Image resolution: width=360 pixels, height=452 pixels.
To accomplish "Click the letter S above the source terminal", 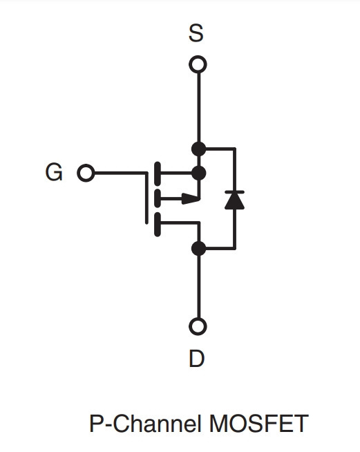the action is (x=196, y=33).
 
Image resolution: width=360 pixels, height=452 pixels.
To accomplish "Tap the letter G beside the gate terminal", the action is (x=54, y=172).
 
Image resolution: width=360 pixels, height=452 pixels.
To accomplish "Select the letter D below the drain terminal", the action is (x=196, y=358).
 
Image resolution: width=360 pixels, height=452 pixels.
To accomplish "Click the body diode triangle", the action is (x=235, y=201).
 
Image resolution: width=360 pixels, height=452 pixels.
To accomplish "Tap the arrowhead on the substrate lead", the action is (x=190, y=198).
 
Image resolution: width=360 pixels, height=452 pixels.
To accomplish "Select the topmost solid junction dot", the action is (x=198, y=149).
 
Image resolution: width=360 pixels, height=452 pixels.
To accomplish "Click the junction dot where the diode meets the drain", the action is (x=198, y=249).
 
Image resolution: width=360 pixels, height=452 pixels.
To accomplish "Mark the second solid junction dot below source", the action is (x=198, y=173).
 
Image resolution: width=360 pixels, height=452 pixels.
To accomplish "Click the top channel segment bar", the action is (x=158, y=173).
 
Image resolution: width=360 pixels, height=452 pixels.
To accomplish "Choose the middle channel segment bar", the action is (x=158, y=198).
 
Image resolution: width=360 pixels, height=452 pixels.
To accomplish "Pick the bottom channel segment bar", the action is (x=158, y=225).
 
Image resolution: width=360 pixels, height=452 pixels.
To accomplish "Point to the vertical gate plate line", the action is (x=146, y=198).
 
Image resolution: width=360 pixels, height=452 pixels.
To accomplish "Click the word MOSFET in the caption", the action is (x=259, y=424).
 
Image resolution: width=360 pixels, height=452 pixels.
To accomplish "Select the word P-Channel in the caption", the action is (x=145, y=424).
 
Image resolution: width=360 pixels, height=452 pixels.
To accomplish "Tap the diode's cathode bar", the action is (x=235, y=191).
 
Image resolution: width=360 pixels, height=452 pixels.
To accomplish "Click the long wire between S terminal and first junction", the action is (x=198, y=107).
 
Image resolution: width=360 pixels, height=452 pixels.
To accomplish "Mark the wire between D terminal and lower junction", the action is (x=198, y=287).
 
